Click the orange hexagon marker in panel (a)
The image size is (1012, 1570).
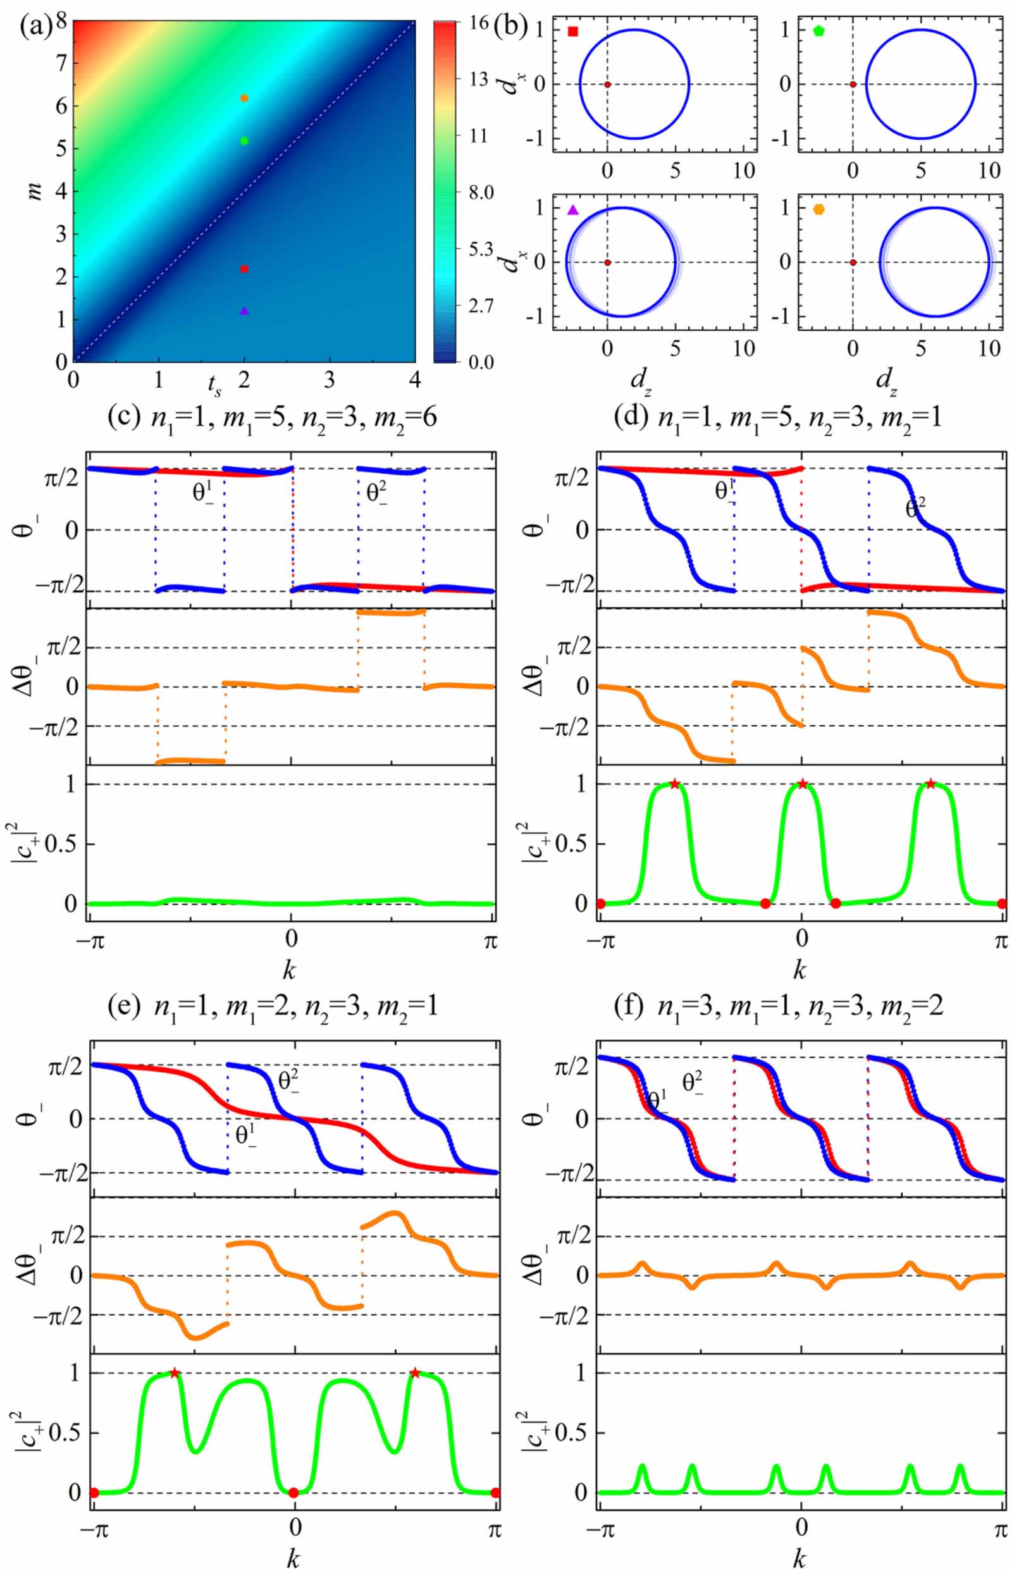click(x=244, y=98)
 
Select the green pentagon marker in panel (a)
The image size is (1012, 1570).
click(x=244, y=140)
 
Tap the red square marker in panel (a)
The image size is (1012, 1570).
click(x=244, y=269)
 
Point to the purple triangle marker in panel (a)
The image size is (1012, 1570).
click(x=244, y=311)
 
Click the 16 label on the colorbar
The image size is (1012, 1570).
click(x=479, y=23)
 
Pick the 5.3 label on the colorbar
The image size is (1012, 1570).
click(x=480, y=249)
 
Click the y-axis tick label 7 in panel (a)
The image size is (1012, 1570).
click(x=61, y=64)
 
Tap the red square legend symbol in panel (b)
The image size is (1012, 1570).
click(x=573, y=31)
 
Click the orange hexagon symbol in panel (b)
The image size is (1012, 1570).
click(x=819, y=209)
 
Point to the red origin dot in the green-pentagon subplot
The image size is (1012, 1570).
click(x=853, y=84)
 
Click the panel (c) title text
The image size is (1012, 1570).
click(x=272, y=418)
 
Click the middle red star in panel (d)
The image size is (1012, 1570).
click(x=803, y=783)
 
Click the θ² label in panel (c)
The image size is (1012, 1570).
click(x=377, y=493)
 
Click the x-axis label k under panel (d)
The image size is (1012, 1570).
click(x=799, y=969)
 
